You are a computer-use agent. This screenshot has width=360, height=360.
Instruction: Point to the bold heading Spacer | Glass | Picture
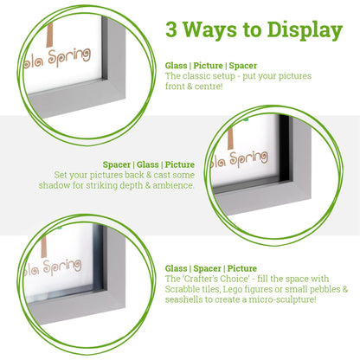[x=149, y=164]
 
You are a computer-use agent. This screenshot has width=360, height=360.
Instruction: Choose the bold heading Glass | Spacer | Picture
[x=211, y=268]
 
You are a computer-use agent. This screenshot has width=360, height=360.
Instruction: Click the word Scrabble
[x=185, y=289]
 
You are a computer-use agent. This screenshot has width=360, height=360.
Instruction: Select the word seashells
[x=187, y=299]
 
